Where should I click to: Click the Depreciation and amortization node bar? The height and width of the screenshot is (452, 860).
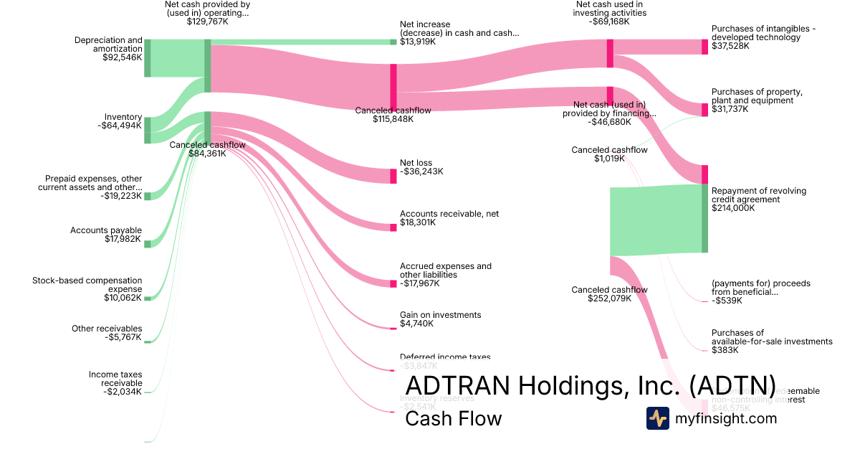[148, 57]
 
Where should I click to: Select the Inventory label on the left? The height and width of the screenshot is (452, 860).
[123, 118]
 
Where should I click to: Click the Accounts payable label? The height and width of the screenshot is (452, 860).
[106, 230]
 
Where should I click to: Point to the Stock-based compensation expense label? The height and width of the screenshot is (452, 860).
[87, 285]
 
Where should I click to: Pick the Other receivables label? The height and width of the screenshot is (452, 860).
[107, 329]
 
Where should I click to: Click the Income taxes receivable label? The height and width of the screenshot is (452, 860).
[115, 379]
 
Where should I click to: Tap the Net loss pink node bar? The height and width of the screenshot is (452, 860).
[393, 176]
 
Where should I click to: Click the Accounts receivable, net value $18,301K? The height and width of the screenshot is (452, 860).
[418, 222]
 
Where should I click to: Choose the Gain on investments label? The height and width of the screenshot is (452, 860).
[440, 315]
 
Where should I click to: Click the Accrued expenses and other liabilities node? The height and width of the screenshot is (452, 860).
[393, 284]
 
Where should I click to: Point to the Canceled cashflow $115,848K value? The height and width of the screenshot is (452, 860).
[393, 119]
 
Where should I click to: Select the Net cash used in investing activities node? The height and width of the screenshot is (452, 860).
[610, 53]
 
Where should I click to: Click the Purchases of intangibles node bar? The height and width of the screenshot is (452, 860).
[704, 47]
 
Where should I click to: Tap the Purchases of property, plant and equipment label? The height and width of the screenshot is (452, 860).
[757, 96]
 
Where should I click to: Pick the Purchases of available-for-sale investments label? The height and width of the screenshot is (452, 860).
[772, 337]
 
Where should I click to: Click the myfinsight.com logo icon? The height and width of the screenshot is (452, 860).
[658, 418]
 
